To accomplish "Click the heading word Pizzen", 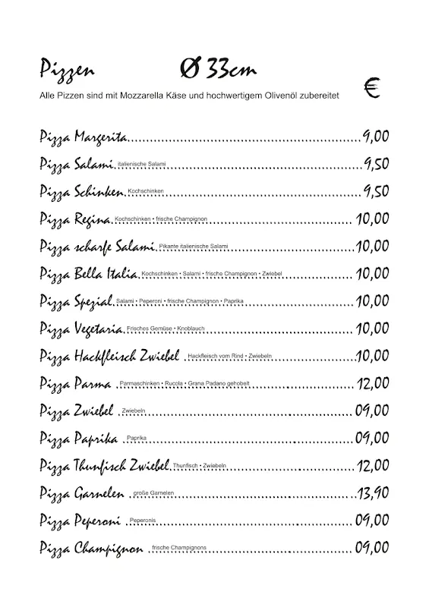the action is tap(67, 72).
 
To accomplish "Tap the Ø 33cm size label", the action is tap(218, 70).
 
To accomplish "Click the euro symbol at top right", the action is tap(372, 90).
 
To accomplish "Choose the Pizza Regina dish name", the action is tap(75, 220).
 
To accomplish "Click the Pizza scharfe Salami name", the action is tap(97, 247).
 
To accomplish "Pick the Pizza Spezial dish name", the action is tap(76, 301).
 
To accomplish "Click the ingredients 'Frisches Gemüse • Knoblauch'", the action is tap(161, 328).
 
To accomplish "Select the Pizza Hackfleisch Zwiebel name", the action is tap(109, 356).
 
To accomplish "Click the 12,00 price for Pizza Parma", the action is tap(372, 383).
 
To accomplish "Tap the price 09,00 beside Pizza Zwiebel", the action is tap(372, 410).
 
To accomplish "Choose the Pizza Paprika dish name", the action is tap(77, 438).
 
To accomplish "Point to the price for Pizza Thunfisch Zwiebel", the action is tap(372, 465).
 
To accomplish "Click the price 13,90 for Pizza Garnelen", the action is tap(374, 493).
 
